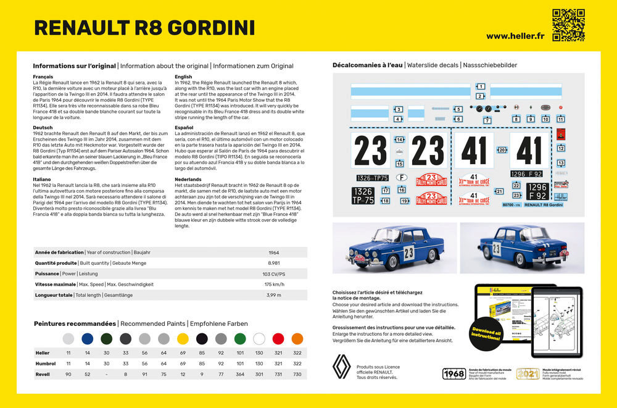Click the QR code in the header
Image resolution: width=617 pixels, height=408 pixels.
tap(568, 25)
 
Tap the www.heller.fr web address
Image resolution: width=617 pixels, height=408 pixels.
tap(515, 36)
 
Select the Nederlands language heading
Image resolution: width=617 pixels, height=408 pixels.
tap(189, 179)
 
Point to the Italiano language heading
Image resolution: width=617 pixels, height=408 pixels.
tap(43, 179)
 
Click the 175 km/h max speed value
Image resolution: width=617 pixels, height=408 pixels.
tap(274, 284)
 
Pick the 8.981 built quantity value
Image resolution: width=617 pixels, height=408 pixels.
tap(274, 263)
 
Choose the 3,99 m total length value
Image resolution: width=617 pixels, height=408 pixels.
tap(274, 294)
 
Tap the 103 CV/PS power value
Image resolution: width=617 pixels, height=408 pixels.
tap(274, 273)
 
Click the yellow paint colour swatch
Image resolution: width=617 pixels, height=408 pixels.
tap(183, 339)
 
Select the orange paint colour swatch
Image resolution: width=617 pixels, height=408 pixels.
tap(297, 339)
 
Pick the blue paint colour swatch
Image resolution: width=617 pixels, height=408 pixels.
tap(87, 339)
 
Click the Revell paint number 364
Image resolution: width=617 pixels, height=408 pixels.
tap(240, 375)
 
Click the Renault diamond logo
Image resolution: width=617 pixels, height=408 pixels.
tap(342, 367)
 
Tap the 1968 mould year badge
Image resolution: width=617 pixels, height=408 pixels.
tap(454, 373)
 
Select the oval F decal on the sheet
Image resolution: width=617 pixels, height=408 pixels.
tap(402, 177)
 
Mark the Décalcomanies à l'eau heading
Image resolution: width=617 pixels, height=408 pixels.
tap(368, 65)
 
